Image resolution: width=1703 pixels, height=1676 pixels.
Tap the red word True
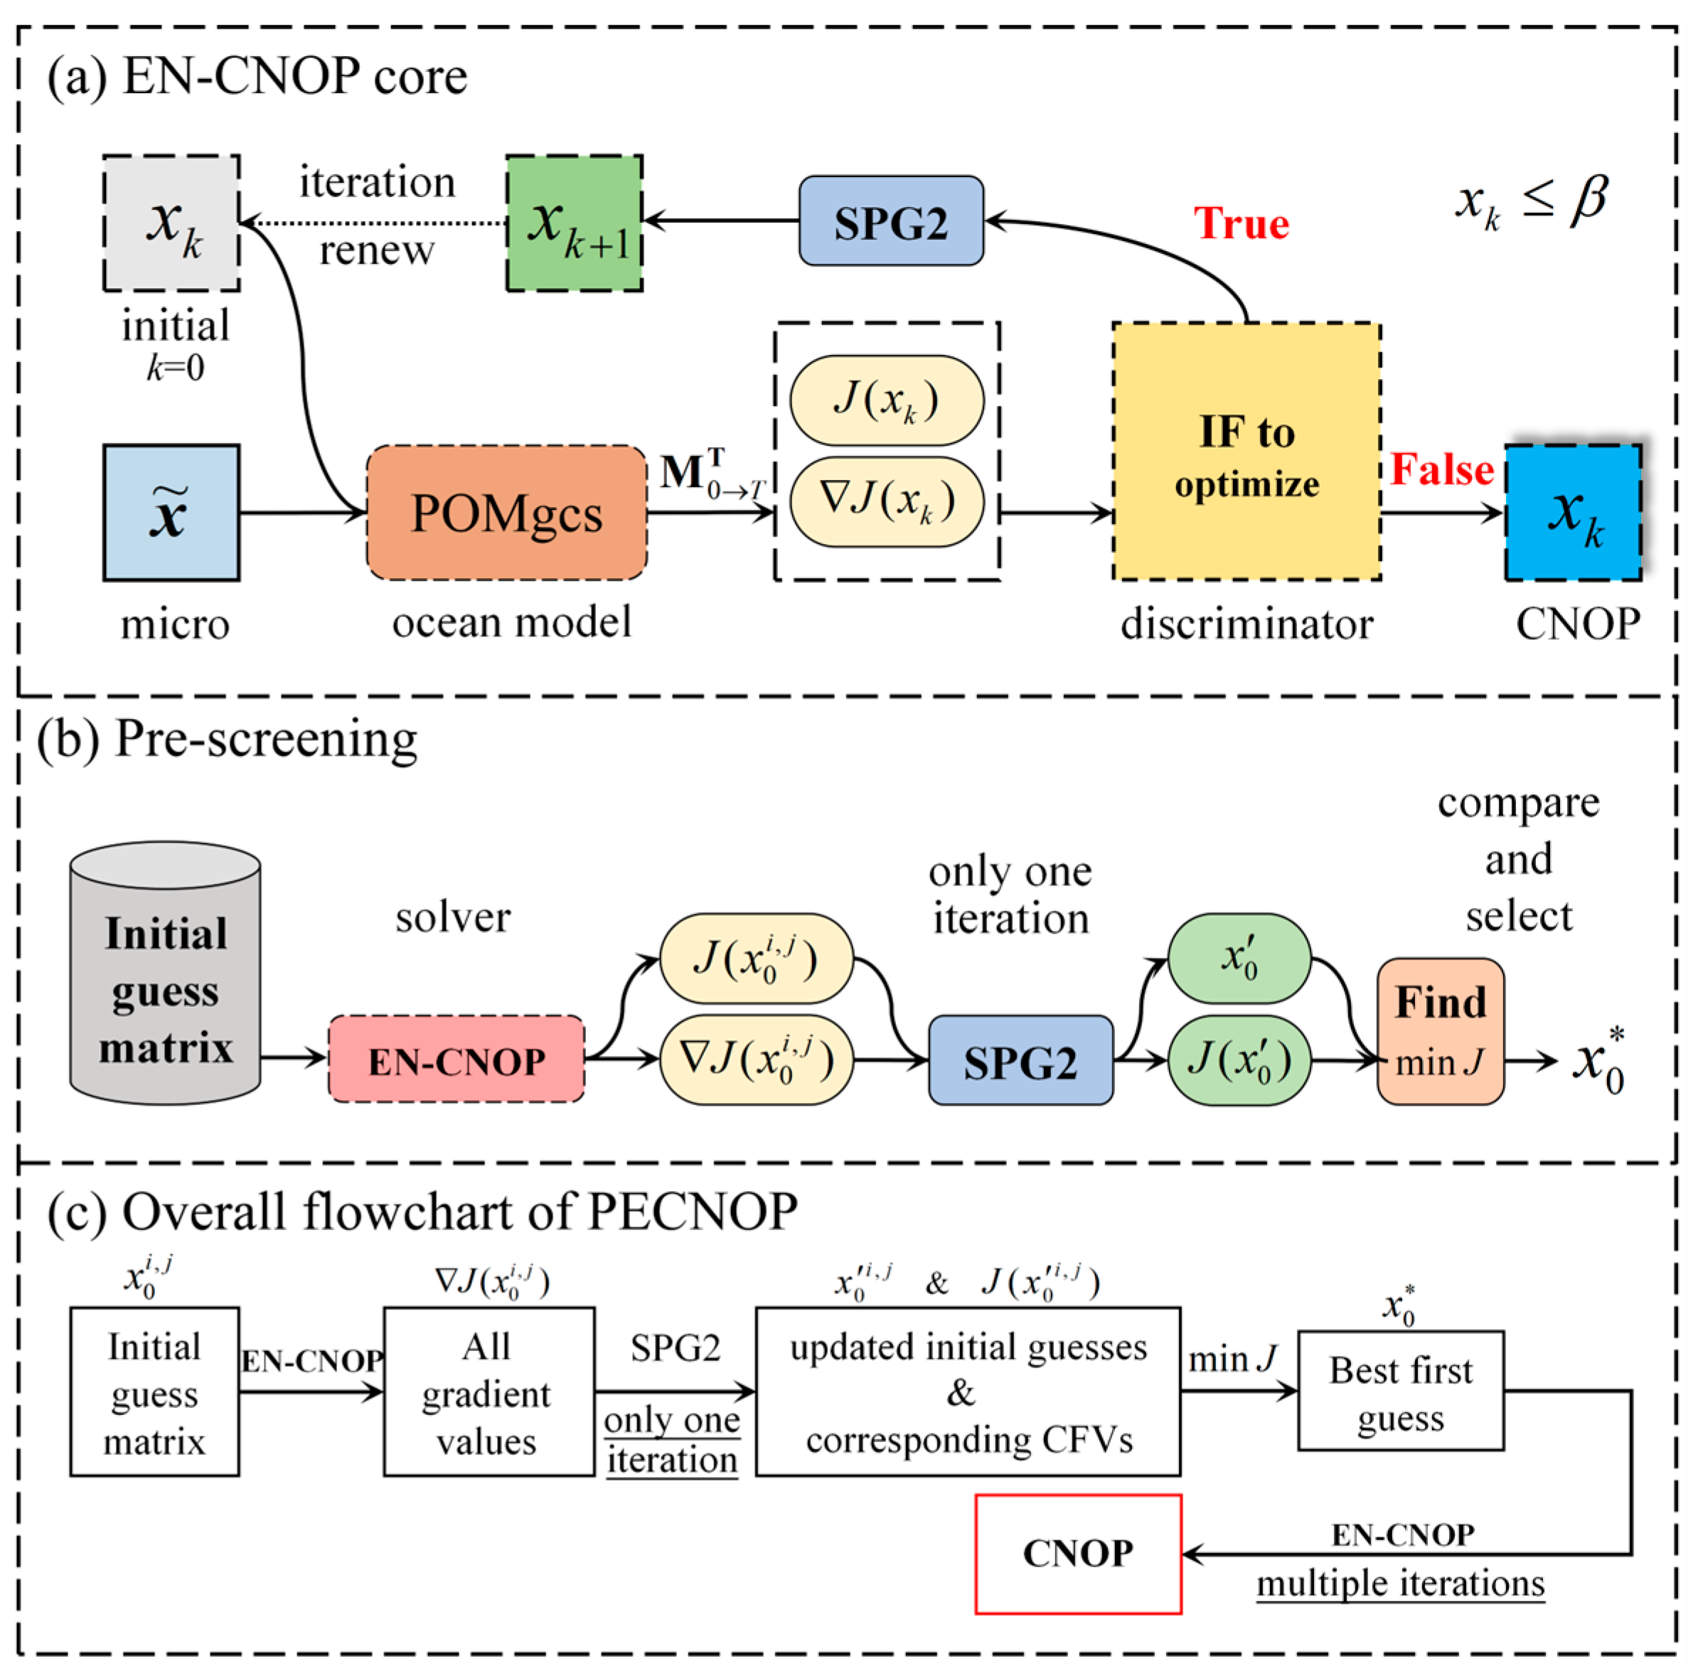(1240, 223)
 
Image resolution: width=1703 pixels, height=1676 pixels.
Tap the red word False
(1441, 469)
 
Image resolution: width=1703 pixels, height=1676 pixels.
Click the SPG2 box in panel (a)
(891, 221)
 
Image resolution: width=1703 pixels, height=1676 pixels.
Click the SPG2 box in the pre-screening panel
(1020, 1061)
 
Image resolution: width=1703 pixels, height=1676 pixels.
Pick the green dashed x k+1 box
(574, 223)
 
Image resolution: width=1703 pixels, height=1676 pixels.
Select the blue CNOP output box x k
(1573, 512)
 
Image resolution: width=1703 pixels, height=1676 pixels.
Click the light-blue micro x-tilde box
(171, 512)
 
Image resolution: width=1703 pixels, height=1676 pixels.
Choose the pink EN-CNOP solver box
(456, 1059)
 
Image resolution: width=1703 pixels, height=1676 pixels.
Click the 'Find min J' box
(1439, 1032)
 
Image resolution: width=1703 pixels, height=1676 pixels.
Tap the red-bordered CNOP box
(1077, 1553)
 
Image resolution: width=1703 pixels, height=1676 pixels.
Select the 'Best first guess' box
(1399, 1392)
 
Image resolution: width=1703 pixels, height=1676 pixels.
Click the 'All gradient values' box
(488, 1392)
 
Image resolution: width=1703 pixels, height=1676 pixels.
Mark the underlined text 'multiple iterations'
(1399, 1583)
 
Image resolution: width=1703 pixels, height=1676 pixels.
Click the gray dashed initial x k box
(171, 223)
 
